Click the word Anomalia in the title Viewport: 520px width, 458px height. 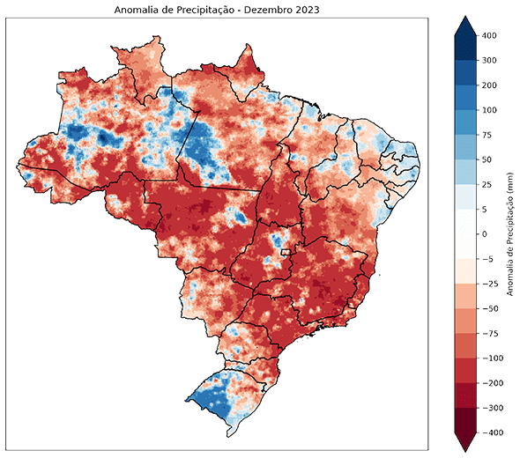pyautogui.click(x=137, y=10)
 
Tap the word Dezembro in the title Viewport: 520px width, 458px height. pyautogui.click(x=271, y=10)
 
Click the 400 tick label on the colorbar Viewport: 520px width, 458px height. pyautogui.click(x=489, y=35)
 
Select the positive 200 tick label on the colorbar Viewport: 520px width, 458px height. pyautogui.click(x=489, y=85)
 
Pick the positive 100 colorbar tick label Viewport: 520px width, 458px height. pyautogui.click(x=489, y=110)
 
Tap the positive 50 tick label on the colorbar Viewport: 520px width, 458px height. pyautogui.click(x=488, y=159)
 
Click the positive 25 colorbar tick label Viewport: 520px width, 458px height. pyautogui.click(x=488, y=185)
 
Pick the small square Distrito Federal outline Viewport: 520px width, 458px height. pyautogui.click(x=286, y=254)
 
